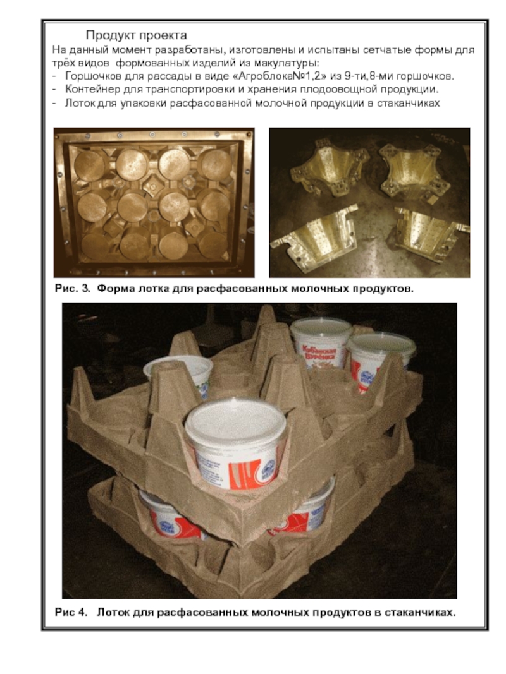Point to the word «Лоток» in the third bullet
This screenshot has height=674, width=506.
pyautogui.click(x=79, y=104)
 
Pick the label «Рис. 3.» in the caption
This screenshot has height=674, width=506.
pyautogui.click(x=73, y=289)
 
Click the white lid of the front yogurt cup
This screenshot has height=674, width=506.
pyautogui.click(x=236, y=419)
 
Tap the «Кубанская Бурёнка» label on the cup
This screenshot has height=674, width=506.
pyautogui.click(x=318, y=353)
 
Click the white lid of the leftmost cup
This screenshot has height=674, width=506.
pyautogui.click(x=178, y=368)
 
